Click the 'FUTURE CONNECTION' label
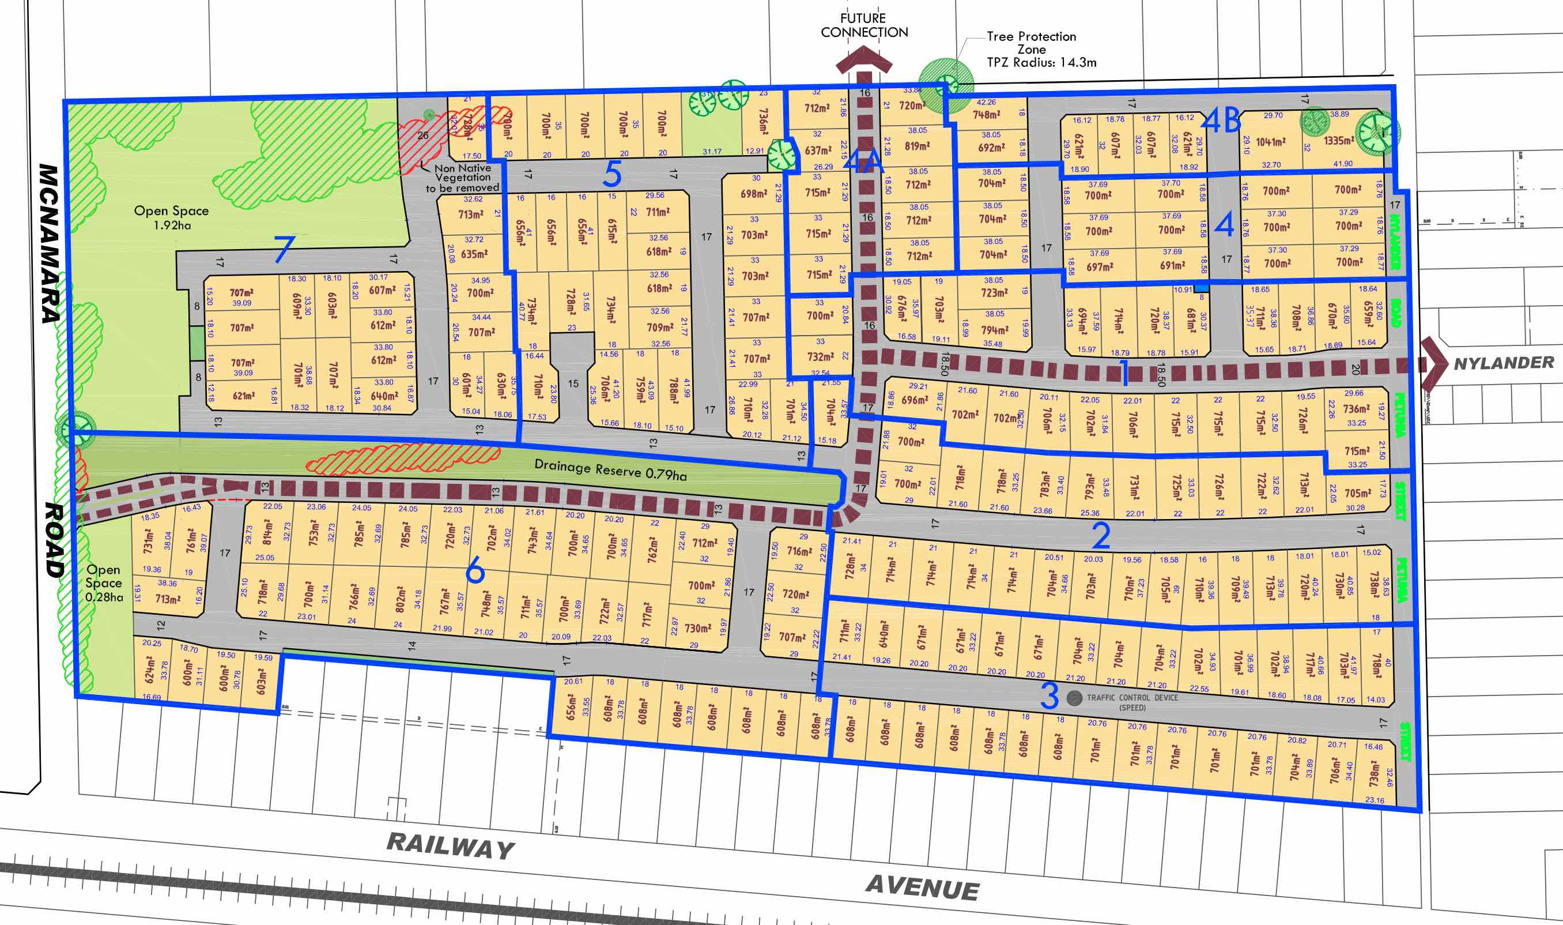[863, 25]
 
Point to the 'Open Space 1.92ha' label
[171, 217]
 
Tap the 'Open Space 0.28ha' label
[104, 583]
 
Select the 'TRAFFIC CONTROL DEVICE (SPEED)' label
[1132, 702]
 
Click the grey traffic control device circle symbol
[1074, 697]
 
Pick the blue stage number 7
[284, 249]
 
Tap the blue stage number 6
[475, 569]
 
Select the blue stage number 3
[1049, 695]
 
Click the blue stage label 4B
[1221, 121]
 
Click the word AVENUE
[923, 888]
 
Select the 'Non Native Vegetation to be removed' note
[462, 178]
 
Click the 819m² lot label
[916, 146]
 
